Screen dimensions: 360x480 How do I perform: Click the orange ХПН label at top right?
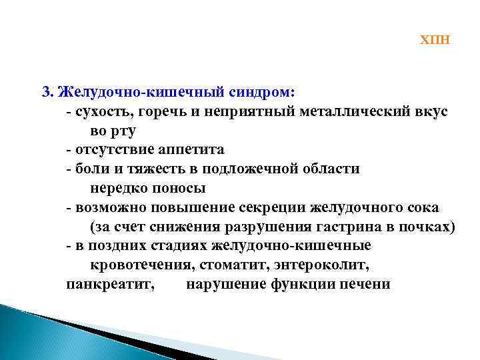click(435, 40)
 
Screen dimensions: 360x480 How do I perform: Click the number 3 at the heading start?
click(46, 91)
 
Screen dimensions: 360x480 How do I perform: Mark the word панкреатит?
click(111, 285)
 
